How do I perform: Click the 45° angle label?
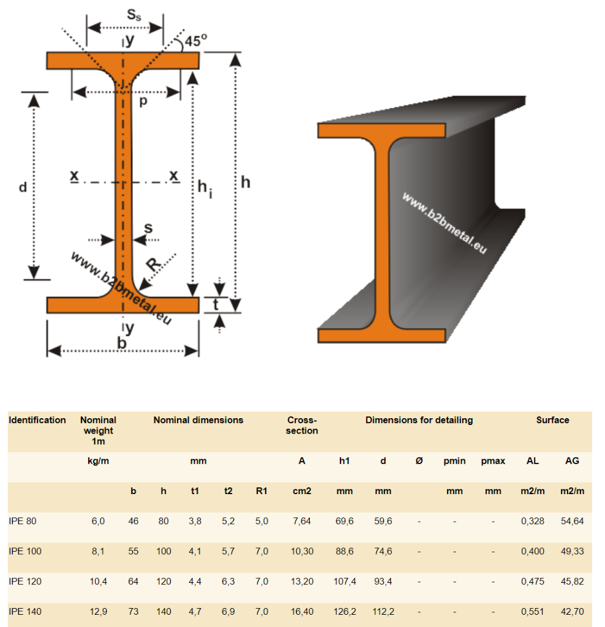[x=197, y=40]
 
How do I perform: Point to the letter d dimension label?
[x=23, y=188]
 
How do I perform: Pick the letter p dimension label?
[x=143, y=102]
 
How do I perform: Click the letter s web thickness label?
[x=148, y=227]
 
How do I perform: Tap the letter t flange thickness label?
[x=217, y=304]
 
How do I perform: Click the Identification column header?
[x=37, y=420]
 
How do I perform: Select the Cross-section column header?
[x=302, y=426]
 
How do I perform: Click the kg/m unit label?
[x=98, y=461]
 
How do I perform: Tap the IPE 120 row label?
[x=25, y=581]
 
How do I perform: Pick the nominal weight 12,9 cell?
[x=98, y=611]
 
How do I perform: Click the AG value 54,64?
[x=572, y=521]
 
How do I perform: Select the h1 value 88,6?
[x=344, y=551]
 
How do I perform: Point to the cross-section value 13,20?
[x=302, y=581]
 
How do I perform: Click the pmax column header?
[x=493, y=461]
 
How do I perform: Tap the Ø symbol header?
[x=419, y=461]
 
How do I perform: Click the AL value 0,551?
[x=533, y=611]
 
